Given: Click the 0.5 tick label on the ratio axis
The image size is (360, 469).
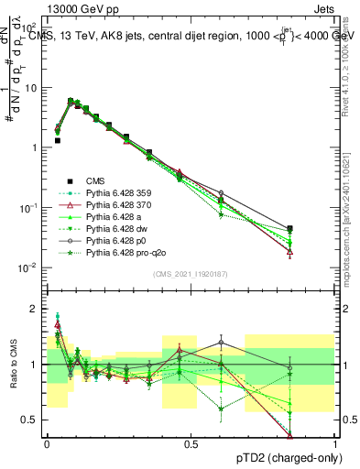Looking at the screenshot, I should (x=31, y=420).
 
